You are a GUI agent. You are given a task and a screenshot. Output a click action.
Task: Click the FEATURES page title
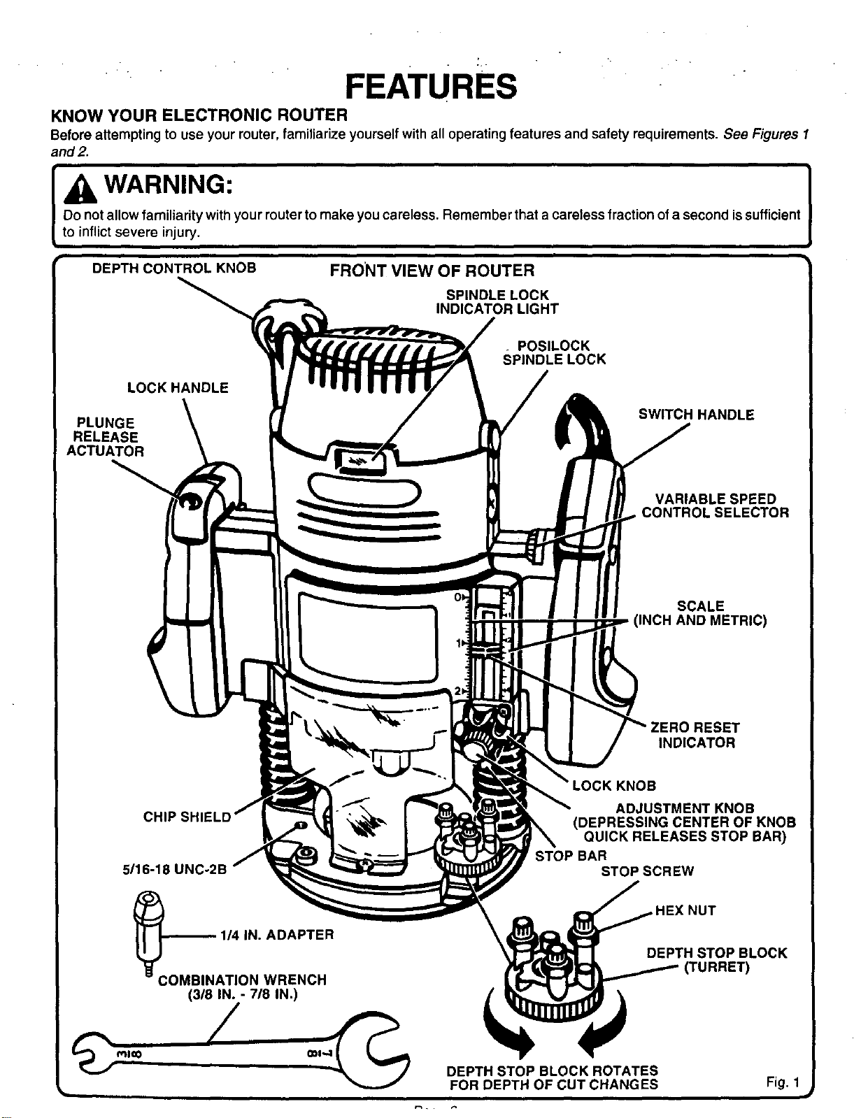tap(431, 86)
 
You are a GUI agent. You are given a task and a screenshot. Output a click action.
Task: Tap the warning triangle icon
tap(80, 189)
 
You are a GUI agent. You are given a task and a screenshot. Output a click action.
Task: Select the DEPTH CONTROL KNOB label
tap(174, 268)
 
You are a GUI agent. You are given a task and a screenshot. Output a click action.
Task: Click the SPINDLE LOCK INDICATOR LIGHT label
tap(497, 302)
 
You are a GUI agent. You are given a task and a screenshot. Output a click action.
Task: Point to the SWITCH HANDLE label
tap(696, 415)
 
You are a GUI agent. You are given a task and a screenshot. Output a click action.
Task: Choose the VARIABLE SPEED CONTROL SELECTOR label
tap(716, 506)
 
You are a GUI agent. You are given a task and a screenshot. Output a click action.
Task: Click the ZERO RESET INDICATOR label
tap(696, 735)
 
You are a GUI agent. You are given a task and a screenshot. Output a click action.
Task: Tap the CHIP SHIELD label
tap(187, 817)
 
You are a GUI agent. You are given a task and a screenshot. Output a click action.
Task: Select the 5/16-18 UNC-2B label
tap(174, 870)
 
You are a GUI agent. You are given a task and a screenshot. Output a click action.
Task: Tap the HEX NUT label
tap(685, 910)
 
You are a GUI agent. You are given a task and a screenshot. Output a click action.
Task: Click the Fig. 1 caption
tap(783, 1083)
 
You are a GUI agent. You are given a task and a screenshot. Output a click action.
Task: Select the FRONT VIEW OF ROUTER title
tap(432, 271)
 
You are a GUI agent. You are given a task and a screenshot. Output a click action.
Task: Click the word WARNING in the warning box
tap(169, 185)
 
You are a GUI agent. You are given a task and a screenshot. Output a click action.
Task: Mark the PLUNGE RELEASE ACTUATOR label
tap(106, 437)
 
